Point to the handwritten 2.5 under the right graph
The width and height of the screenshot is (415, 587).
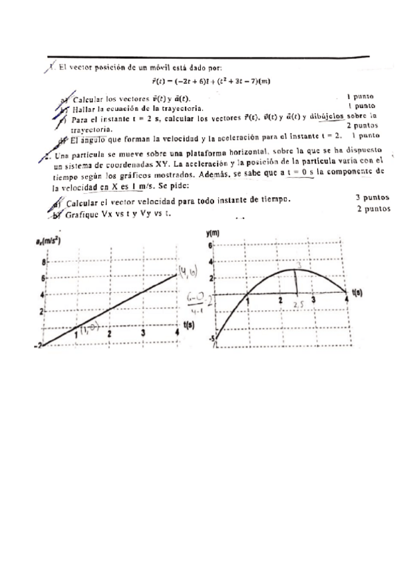click(x=299, y=305)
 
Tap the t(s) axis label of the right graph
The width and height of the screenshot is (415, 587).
click(x=357, y=293)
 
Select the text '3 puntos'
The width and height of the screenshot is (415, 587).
click(x=373, y=197)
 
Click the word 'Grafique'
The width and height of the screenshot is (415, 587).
click(x=87, y=215)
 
